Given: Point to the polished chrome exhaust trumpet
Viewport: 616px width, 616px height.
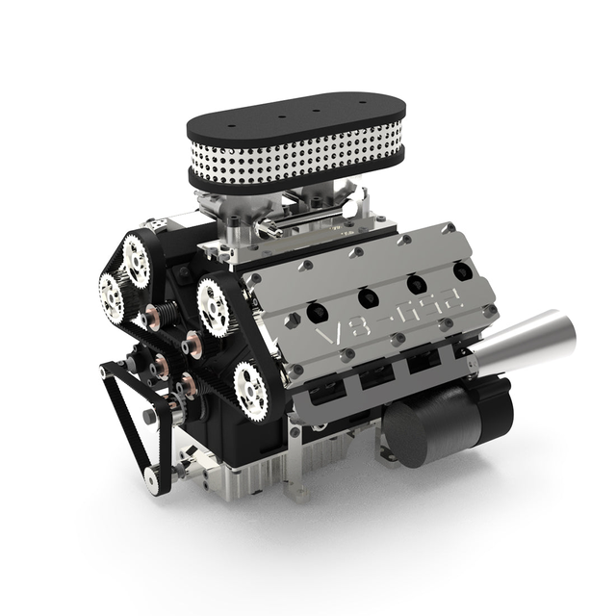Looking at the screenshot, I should (x=520, y=346).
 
